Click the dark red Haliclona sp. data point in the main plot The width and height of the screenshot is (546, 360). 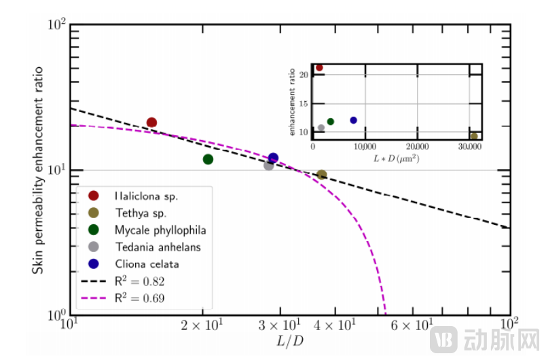click(151, 123)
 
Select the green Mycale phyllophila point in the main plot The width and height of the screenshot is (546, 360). click(208, 159)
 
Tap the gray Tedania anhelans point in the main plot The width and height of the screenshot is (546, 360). click(269, 165)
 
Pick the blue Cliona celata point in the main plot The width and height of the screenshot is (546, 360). click(274, 158)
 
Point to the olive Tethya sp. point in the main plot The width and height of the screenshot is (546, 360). click(322, 175)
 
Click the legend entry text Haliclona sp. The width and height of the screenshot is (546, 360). click(147, 196)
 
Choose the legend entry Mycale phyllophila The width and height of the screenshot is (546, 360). click(160, 230)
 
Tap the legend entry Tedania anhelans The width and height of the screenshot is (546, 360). click(158, 247)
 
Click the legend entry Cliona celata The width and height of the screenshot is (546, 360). click(147, 264)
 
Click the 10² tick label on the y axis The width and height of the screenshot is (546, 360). click(56, 26)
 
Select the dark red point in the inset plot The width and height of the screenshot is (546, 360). click(319, 68)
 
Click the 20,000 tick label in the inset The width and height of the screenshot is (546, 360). click(416, 146)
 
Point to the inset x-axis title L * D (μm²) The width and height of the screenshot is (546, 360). click(398, 158)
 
